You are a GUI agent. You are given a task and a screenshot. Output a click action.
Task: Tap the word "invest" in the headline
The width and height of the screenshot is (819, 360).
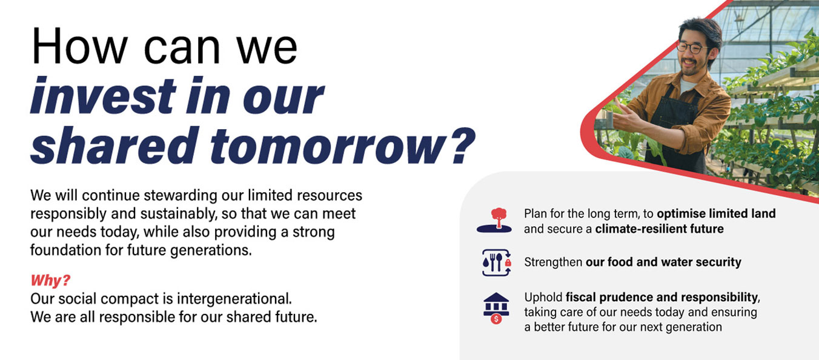(104, 96)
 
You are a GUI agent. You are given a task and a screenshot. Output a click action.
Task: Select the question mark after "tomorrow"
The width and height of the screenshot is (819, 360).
(463, 144)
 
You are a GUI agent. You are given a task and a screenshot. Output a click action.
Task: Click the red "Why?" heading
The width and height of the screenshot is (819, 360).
(50, 281)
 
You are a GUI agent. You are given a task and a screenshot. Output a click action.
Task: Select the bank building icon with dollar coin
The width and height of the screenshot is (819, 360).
(496, 308)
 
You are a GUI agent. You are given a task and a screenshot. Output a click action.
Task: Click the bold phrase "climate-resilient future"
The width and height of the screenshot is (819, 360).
(659, 229)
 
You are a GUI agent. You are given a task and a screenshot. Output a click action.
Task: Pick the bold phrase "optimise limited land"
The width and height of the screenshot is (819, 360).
(716, 213)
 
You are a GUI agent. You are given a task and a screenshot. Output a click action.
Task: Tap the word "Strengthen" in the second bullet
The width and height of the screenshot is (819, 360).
(553, 262)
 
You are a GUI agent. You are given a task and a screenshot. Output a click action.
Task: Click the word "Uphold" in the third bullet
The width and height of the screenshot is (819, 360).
(543, 298)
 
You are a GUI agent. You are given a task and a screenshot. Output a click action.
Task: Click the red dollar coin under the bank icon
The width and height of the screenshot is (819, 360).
(496, 319)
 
